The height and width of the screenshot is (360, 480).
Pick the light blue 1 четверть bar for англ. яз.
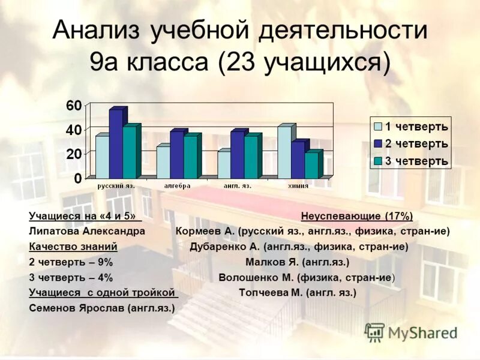pyautogui.click(x=223, y=164)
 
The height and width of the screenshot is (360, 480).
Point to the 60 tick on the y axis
pyautogui.click(x=74, y=106)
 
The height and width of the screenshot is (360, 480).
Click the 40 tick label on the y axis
pyautogui.click(x=74, y=130)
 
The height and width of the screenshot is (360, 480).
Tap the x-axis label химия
pyautogui.click(x=298, y=186)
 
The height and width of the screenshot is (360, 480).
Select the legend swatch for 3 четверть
pyautogui.click(x=378, y=161)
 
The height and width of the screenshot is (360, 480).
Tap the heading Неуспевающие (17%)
pyautogui.click(x=357, y=216)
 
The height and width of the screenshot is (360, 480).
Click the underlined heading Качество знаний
pyautogui.click(x=73, y=247)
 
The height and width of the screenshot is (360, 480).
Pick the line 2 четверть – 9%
pyautogui.click(x=71, y=262)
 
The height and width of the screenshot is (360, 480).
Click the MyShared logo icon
pyautogui.click(x=374, y=332)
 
